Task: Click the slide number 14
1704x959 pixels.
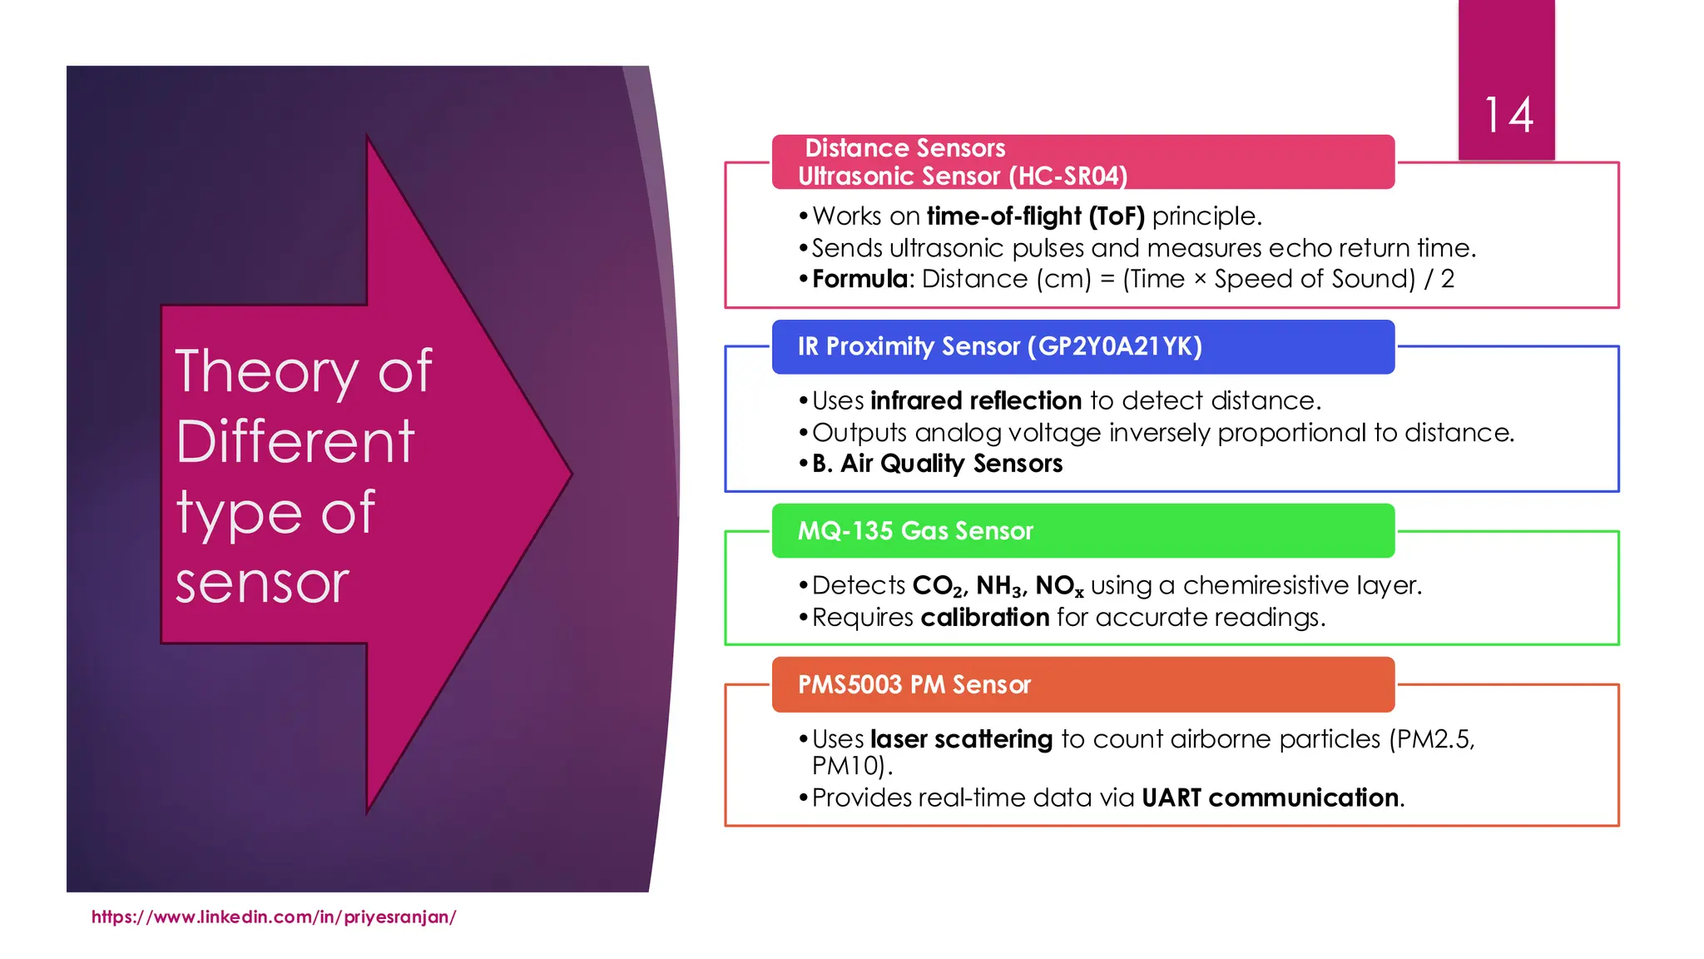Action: pyautogui.click(x=1508, y=116)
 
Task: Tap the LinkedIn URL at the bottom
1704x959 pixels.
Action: pyautogui.click(x=273, y=917)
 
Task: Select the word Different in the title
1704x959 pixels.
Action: pyautogui.click(x=295, y=441)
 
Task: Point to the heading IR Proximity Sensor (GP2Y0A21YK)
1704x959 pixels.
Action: pyautogui.click(x=999, y=346)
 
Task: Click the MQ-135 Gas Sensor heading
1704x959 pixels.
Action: pyautogui.click(x=915, y=531)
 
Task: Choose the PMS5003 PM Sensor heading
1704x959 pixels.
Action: pyautogui.click(x=914, y=685)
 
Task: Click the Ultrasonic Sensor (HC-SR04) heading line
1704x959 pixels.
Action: pyautogui.click(x=963, y=176)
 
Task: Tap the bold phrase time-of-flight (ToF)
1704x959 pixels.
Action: pyautogui.click(x=1036, y=216)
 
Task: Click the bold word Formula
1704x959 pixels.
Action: pyautogui.click(x=859, y=279)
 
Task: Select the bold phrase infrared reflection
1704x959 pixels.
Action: pyautogui.click(x=976, y=401)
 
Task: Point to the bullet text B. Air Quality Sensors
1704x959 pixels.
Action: pyautogui.click(x=937, y=464)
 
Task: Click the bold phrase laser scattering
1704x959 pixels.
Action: pyautogui.click(x=961, y=739)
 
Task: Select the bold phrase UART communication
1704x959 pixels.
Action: pyautogui.click(x=1270, y=798)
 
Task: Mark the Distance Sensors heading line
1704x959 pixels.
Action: pyautogui.click(x=904, y=148)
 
